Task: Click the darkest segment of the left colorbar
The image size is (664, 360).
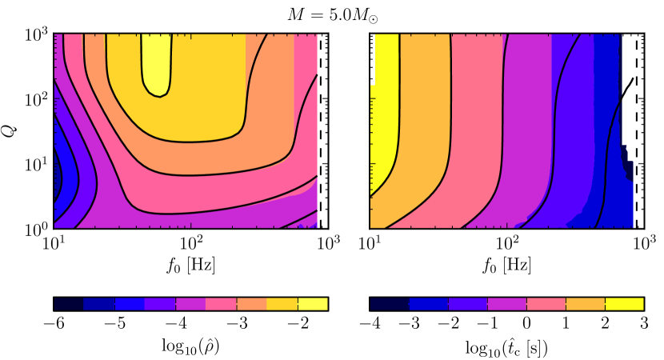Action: tap(68, 304)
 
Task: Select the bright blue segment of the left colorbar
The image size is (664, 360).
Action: tap(129, 304)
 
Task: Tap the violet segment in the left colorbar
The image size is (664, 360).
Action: tap(159, 304)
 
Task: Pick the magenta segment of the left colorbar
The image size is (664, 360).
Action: tap(190, 304)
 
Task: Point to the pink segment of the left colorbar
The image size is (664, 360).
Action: tap(221, 304)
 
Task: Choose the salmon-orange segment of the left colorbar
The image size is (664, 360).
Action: tap(251, 304)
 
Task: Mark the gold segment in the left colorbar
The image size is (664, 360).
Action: tap(282, 304)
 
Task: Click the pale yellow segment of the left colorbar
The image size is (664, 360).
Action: tap(313, 304)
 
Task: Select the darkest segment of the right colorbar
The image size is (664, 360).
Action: tap(389, 304)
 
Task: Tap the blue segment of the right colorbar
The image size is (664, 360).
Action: tap(428, 304)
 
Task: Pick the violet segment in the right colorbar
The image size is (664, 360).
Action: tap(467, 304)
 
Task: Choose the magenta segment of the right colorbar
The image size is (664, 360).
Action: tap(506, 304)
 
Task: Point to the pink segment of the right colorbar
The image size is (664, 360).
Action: tap(546, 304)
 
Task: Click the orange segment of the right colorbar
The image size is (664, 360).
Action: tap(585, 304)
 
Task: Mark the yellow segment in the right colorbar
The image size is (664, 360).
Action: tap(624, 304)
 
